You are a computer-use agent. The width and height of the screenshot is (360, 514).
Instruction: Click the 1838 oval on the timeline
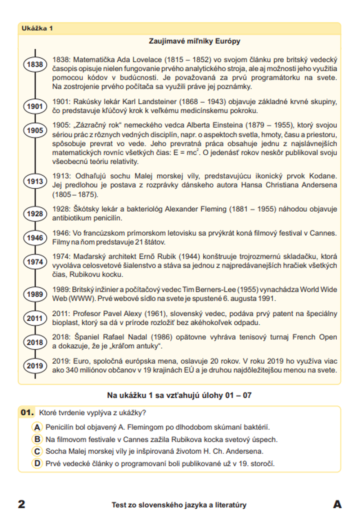coord(35,64)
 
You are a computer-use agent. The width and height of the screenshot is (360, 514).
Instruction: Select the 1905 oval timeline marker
coord(35,130)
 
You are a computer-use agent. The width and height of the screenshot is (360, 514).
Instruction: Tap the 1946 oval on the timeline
coord(35,238)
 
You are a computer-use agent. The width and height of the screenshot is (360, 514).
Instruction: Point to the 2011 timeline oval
coord(35,318)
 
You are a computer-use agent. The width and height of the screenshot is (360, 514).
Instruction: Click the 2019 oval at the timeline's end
coord(35,366)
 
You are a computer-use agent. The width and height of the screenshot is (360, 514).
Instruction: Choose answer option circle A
coord(37,427)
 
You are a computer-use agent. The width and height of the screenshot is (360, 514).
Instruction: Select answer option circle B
coord(37,439)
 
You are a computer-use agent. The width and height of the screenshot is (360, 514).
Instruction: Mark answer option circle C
coord(37,451)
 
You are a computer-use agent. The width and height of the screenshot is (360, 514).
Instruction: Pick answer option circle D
coord(37,463)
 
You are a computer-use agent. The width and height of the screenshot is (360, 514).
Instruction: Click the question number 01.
coord(27,412)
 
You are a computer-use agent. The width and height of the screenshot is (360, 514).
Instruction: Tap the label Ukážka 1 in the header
coord(37,28)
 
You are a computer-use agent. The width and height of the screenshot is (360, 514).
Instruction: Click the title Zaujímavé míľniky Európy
coord(194,41)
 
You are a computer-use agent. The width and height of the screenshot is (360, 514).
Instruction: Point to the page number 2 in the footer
coord(22,504)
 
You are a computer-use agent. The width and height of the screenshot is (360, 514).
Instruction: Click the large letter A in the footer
coord(337,504)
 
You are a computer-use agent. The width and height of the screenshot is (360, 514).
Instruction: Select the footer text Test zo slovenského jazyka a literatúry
coord(179,505)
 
